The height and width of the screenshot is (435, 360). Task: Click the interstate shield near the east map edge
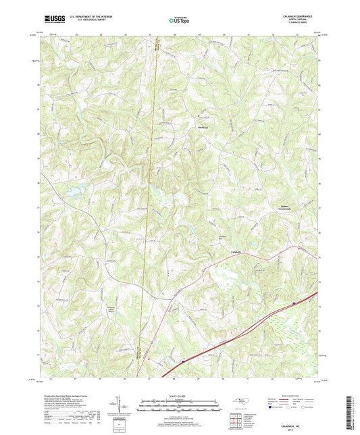tap(293, 304)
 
